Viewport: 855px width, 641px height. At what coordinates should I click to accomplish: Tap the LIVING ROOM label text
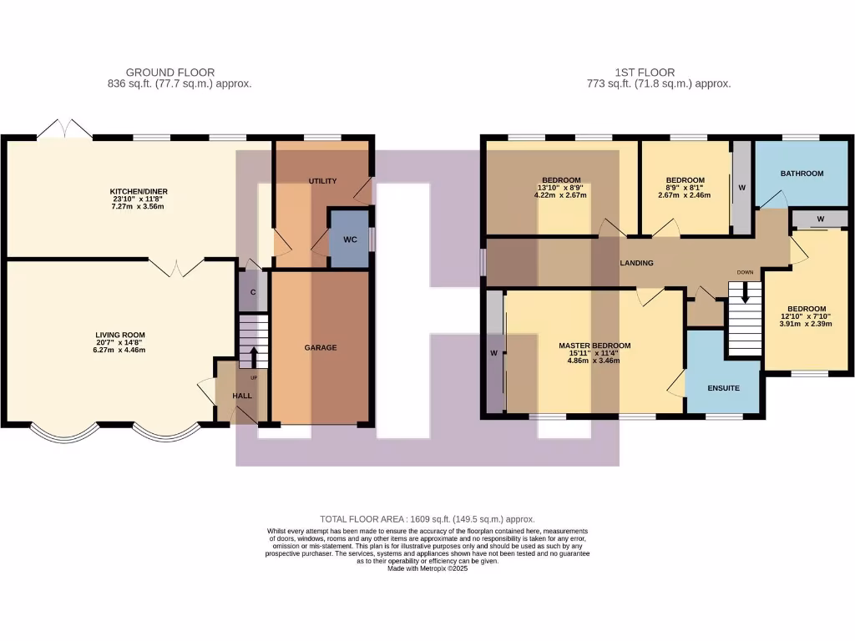coord(120,335)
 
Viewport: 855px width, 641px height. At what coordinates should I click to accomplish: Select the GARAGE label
coord(320,347)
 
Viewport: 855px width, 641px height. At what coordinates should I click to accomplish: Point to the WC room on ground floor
coord(350,240)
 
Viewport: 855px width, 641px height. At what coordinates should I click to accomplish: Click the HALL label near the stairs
coord(241,396)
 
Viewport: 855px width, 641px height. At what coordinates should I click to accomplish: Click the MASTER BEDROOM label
coord(594,346)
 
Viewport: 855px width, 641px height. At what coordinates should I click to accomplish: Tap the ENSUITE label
coord(723,388)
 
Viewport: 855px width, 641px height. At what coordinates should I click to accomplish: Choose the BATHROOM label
coord(802,174)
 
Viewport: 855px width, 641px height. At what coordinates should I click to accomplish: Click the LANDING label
coord(636,263)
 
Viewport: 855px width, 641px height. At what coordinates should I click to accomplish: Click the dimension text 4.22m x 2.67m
coord(560,195)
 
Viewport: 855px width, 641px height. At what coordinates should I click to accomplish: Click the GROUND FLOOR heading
coord(169,73)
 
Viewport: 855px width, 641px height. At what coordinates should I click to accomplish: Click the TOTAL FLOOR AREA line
coord(427,519)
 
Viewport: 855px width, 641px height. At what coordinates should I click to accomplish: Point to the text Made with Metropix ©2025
coord(427,568)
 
